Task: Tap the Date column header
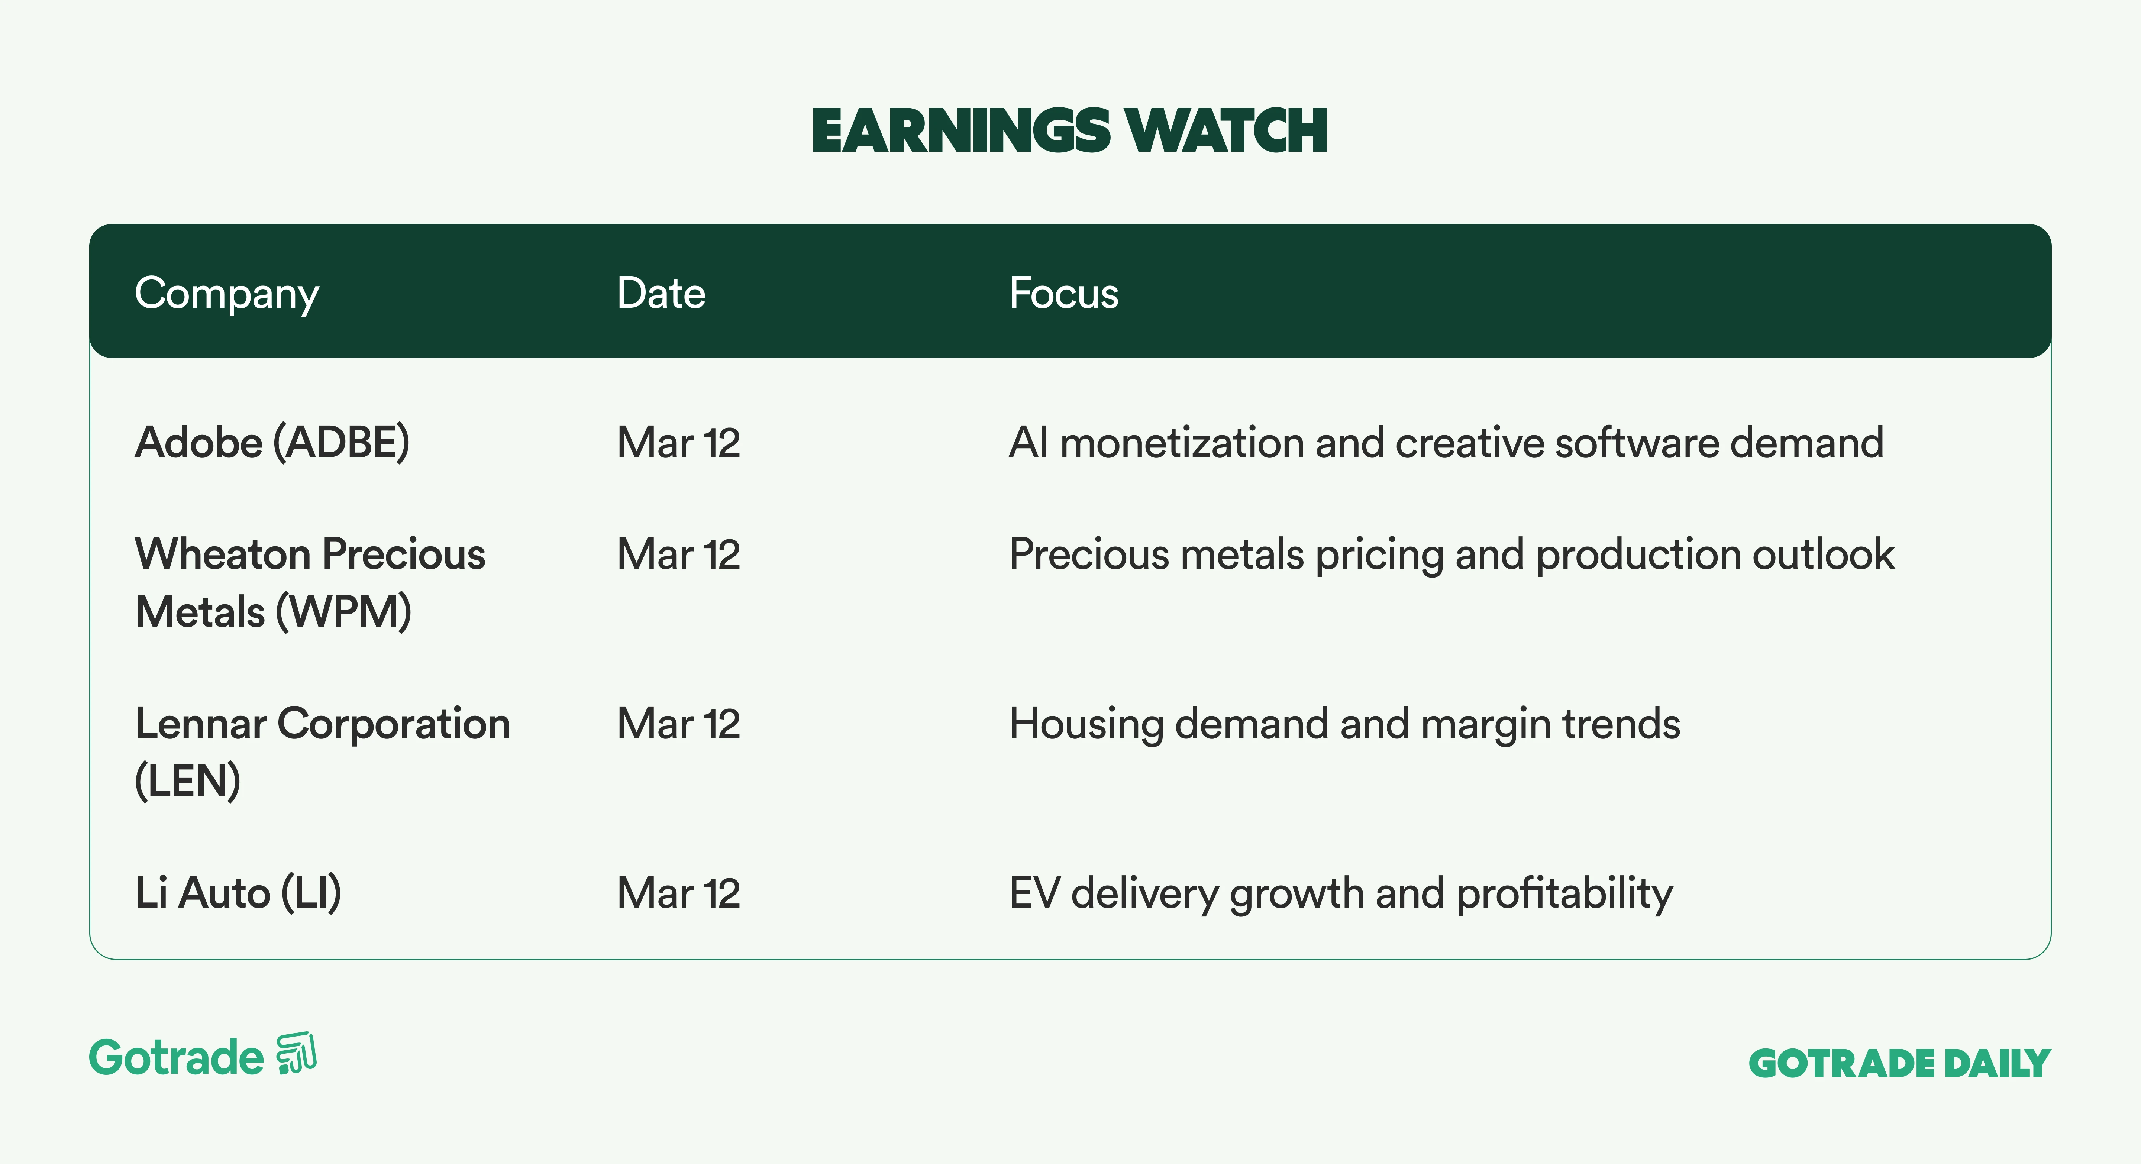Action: tap(661, 293)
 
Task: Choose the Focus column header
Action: tap(1064, 293)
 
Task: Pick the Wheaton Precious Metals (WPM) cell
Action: tap(310, 582)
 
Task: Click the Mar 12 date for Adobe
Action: tap(678, 442)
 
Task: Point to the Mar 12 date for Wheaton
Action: tap(678, 554)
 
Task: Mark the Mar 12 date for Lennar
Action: tap(678, 724)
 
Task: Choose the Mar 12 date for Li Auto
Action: tap(678, 893)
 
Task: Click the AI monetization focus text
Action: tap(1446, 442)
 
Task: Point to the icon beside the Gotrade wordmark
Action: tap(297, 1054)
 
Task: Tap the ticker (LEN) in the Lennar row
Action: tap(188, 781)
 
